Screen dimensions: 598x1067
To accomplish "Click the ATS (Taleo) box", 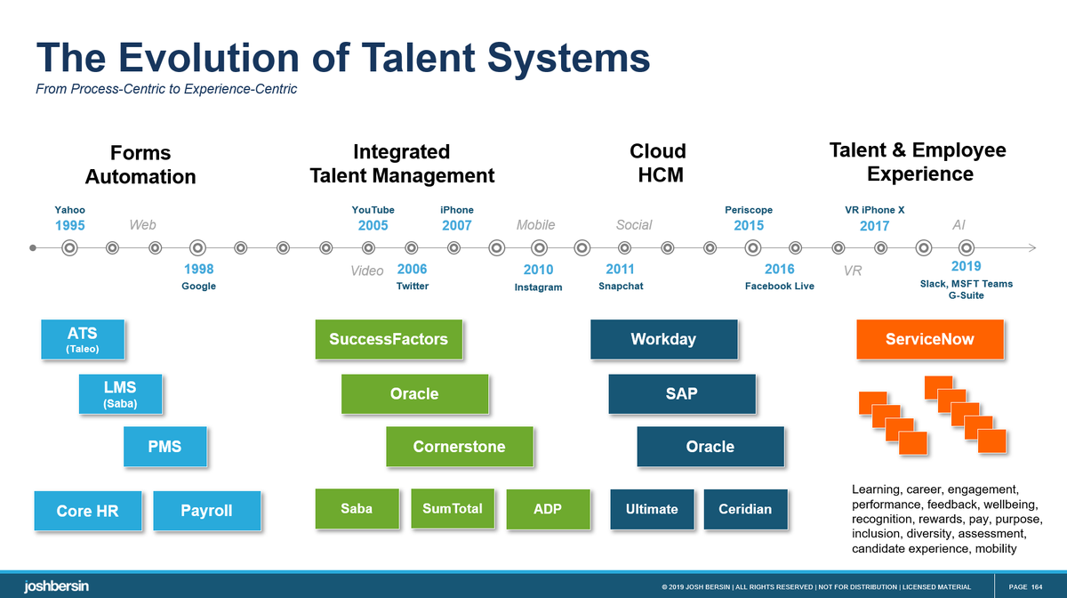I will (82, 339).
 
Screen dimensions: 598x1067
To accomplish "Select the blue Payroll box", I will (206, 511).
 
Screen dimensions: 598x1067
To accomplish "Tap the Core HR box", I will (87, 511).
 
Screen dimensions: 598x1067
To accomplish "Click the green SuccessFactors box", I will (389, 339).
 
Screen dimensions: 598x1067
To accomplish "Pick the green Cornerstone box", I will (459, 447).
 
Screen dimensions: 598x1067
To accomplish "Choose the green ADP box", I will (548, 509).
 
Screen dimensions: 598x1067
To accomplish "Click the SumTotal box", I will (453, 509).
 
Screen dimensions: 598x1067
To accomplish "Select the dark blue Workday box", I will (663, 339).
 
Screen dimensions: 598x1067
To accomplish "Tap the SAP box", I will (682, 393).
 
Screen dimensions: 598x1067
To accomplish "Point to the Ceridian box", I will (745, 509).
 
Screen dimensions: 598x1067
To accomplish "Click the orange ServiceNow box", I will (929, 339).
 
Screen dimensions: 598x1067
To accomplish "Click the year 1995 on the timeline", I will (70, 226).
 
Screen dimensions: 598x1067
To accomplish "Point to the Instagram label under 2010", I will (539, 287).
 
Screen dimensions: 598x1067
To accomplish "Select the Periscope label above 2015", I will (749, 210).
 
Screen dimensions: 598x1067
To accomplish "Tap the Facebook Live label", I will (780, 287).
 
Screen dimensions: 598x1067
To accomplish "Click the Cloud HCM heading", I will (658, 163).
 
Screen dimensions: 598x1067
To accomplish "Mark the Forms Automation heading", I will (140, 165).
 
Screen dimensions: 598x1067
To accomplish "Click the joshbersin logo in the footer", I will (56, 586).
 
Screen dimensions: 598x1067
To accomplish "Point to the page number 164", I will (1038, 586).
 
